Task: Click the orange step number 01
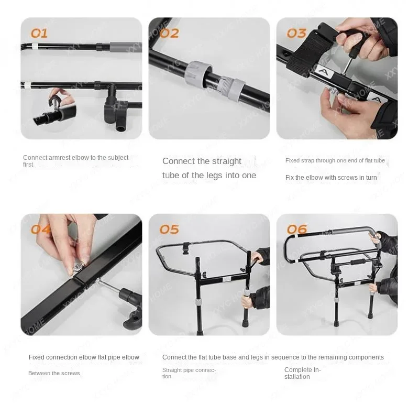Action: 39,33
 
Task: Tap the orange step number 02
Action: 169,33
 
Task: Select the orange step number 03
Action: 296,33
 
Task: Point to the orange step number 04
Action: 41,229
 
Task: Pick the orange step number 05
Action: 169,229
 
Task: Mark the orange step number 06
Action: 296,229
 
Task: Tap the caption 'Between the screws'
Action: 54,373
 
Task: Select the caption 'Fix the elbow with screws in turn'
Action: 331,178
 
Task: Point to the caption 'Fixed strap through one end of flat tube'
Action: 335,161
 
